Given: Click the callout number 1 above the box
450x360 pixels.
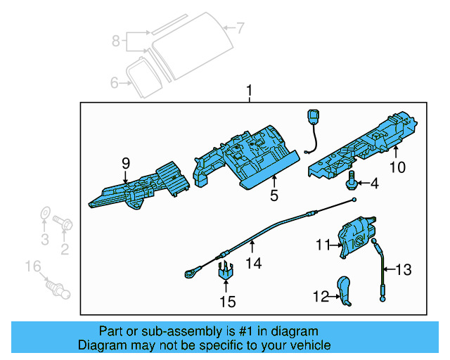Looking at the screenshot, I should tap(247, 91).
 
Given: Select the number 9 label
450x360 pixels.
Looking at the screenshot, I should tap(126, 163).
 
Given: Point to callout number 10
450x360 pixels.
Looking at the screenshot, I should tap(398, 167).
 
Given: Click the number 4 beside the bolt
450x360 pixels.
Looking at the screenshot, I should tap(374, 184).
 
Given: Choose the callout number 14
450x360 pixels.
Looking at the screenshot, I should tap(253, 263).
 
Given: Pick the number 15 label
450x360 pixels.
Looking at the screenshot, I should tap(228, 302).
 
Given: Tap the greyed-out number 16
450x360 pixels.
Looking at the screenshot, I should tap(33, 266).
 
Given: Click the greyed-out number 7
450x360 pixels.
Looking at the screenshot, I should tap(240, 28).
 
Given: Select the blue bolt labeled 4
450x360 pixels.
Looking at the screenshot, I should tap(350, 181).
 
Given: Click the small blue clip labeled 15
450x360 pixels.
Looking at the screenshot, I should tap(226, 271).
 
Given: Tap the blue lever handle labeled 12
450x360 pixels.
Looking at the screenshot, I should tap(345, 290).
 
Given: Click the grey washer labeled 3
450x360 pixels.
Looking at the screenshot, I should tap(44, 214).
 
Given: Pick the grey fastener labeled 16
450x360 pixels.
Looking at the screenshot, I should tap(57, 288).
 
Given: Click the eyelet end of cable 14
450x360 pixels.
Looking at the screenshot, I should tap(191, 269).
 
